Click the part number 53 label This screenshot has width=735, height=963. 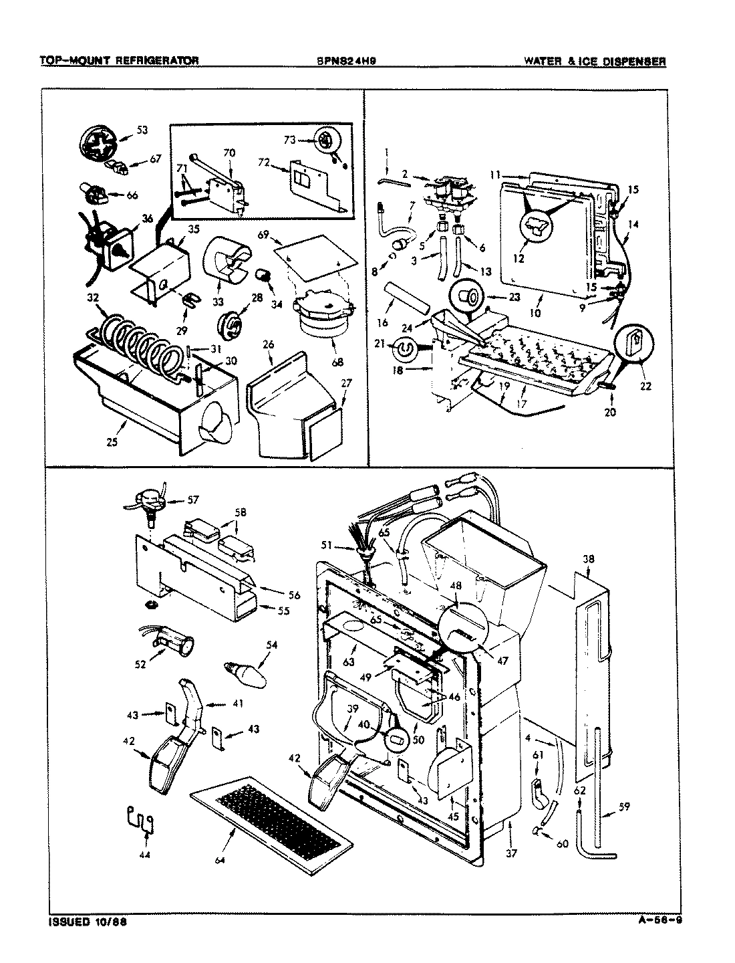pyautogui.click(x=142, y=130)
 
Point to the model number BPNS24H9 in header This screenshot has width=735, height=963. pyautogui.click(x=351, y=61)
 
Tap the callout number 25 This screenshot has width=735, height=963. pyautogui.click(x=112, y=442)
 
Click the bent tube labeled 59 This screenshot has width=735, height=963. pyautogui.click(x=598, y=796)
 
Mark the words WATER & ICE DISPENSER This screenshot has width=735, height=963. pyautogui.click(x=594, y=61)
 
